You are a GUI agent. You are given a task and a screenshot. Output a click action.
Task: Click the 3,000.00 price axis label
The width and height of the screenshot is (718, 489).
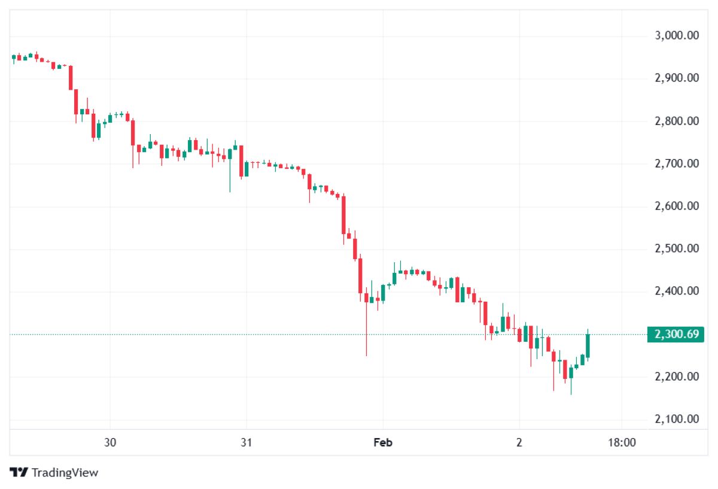coord(677,36)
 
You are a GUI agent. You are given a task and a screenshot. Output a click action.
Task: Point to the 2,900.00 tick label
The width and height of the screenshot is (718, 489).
coord(677,78)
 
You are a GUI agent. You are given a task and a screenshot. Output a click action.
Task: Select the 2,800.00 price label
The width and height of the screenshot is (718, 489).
coord(677,121)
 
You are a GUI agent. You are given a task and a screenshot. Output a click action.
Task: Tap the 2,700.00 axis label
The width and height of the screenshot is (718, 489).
coord(677,163)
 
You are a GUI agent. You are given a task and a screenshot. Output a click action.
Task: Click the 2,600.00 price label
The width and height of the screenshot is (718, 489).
coord(677,206)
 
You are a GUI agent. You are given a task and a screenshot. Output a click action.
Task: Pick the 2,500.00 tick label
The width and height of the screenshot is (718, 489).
coord(677,248)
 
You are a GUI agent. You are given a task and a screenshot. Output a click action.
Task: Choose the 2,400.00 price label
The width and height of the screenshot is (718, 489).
coord(677,291)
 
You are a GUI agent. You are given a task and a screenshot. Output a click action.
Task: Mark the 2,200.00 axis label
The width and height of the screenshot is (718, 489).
coord(677,376)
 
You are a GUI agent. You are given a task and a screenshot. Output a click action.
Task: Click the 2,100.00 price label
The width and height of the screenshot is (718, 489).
coord(677,419)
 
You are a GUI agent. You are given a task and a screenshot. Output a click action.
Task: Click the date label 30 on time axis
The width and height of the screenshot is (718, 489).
coord(110,443)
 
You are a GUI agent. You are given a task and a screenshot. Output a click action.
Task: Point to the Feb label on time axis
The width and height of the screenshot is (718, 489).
coord(382,443)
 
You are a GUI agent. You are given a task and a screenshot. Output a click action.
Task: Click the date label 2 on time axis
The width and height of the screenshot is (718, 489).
coord(519,443)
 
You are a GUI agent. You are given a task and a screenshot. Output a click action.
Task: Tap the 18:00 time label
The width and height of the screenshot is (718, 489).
coord(622,443)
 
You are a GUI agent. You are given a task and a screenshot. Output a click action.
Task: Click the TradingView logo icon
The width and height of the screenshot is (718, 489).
coord(19,472)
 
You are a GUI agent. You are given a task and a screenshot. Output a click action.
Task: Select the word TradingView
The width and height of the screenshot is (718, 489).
coord(65,473)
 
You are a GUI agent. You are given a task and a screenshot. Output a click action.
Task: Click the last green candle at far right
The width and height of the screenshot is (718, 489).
coord(588,345)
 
